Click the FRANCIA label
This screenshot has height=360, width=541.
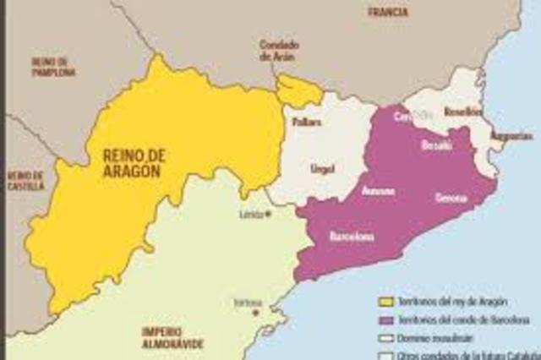pyautogui.click(x=388, y=13)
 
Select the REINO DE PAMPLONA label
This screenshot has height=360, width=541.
pyautogui.click(x=53, y=67)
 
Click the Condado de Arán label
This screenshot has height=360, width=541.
pyautogui.click(x=280, y=51)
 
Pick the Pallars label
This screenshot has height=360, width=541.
pyautogui.click(x=303, y=123)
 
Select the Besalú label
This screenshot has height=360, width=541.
pyautogui.click(x=436, y=145)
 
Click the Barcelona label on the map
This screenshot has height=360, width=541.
pyautogui.click(x=351, y=237)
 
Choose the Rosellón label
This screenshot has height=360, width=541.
pyautogui.click(x=462, y=112)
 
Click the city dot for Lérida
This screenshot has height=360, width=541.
pyautogui.click(x=268, y=213)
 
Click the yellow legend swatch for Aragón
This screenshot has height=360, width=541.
pyautogui.click(x=387, y=301)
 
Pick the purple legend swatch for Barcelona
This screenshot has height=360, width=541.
pyautogui.click(x=387, y=319)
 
